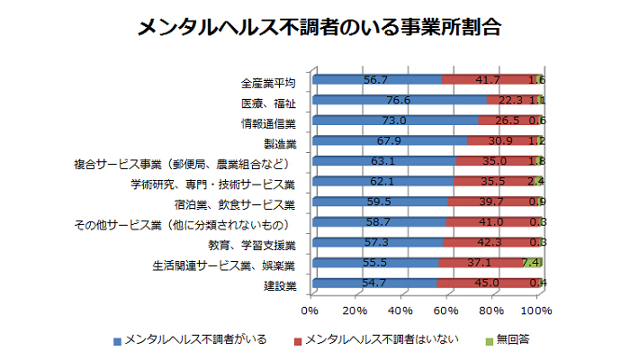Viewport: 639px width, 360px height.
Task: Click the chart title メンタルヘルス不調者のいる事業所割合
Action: point(319,28)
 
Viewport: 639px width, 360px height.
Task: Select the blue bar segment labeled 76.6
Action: point(400,100)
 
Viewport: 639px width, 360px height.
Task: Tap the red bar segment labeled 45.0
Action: point(488,283)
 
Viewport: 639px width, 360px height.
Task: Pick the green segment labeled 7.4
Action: point(532,263)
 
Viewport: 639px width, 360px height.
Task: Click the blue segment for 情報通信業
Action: point(396,121)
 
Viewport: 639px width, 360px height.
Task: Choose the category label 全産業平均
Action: point(268,84)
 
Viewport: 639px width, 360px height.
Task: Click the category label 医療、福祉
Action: point(268,103)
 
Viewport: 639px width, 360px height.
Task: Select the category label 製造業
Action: point(280,144)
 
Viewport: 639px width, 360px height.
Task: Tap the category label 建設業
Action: point(280,286)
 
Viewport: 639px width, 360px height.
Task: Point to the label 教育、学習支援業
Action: point(252,246)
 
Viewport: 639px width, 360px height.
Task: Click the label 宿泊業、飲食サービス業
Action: point(234,204)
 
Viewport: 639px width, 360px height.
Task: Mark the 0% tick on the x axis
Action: point(310,311)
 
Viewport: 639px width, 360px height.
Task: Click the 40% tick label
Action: point(400,311)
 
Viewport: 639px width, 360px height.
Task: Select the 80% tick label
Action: point(491,311)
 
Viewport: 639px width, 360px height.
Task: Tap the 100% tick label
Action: point(536,311)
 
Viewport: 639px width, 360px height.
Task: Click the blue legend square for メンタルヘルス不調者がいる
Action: point(117,342)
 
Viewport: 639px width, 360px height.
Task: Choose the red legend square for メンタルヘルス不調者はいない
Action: point(298,342)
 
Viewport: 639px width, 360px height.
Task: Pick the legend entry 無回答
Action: point(508,339)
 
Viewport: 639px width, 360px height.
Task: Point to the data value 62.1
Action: point(382,182)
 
